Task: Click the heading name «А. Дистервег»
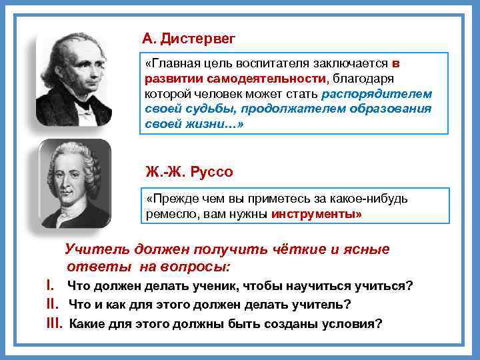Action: pyautogui.click(x=189, y=38)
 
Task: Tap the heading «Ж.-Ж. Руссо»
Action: pyautogui.click(x=189, y=172)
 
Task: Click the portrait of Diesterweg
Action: pyautogui.click(x=73, y=79)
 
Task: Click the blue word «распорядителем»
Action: pyautogui.click(x=376, y=93)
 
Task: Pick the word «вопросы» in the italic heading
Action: pyautogui.click(x=197, y=267)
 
